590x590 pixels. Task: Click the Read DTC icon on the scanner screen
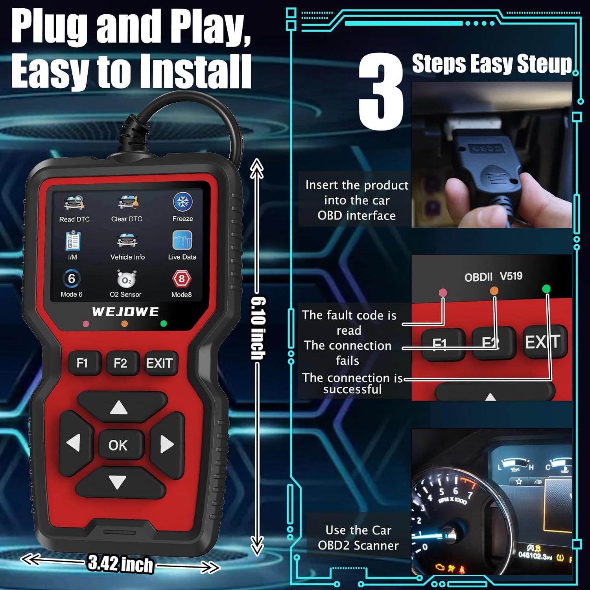[74, 203]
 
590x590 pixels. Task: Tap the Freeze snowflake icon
[183, 202]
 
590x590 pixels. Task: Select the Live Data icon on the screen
[182, 240]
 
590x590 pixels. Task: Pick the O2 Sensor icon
[126, 279]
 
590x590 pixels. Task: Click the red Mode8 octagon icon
[181, 279]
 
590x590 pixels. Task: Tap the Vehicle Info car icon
[127, 240]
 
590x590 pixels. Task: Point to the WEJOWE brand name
[125, 312]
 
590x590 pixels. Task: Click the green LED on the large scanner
[164, 324]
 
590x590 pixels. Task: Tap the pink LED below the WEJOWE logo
[86, 324]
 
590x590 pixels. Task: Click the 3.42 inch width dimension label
[120, 564]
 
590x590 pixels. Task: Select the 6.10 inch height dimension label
[258, 328]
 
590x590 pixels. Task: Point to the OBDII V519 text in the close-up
[493, 277]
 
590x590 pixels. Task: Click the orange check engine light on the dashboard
[440, 567]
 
